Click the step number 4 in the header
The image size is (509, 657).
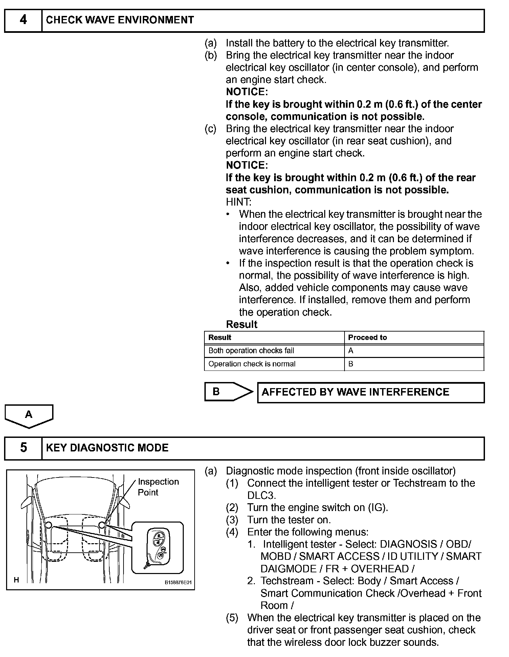click(23, 20)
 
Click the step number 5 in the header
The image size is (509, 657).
click(23, 448)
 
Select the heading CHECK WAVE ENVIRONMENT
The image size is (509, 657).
click(120, 20)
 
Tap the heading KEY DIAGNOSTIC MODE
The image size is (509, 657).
click(107, 448)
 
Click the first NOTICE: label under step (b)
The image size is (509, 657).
click(247, 92)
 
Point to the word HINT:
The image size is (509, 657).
click(239, 202)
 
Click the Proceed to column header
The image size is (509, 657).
click(367, 337)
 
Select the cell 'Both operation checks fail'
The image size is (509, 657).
click(251, 351)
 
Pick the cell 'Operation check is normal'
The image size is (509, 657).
click(252, 364)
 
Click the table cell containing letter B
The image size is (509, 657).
click(351, 364)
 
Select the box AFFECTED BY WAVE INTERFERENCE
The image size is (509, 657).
click(371, 392)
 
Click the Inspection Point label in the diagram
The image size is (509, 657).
click(158, 487)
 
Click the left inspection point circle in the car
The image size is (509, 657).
click(48, 525)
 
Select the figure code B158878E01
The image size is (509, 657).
click(178, 582)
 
